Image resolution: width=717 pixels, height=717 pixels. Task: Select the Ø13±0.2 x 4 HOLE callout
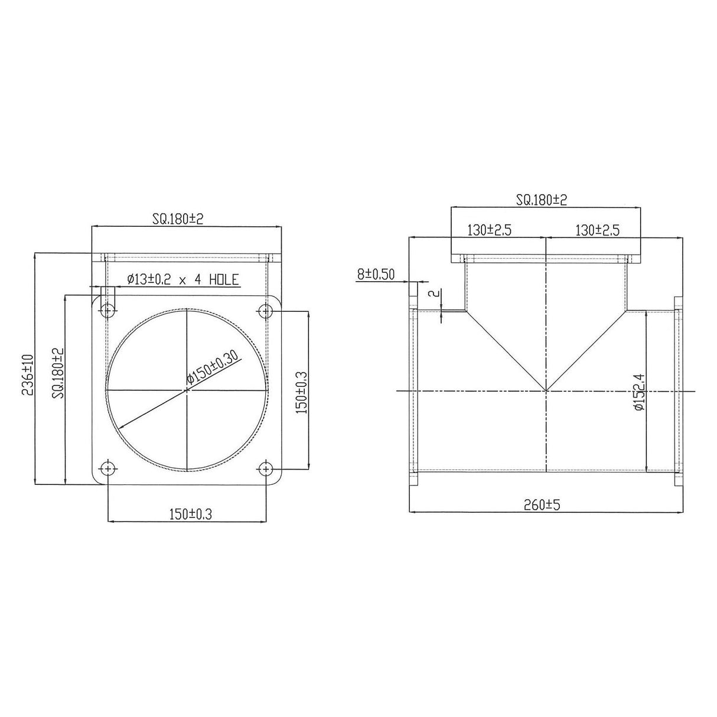click(182, 279)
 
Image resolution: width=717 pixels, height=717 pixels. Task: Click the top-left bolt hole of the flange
click(108, 310)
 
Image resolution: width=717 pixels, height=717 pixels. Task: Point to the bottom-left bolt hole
click(108, 469)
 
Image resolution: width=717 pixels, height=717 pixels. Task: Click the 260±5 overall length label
click(542, 505)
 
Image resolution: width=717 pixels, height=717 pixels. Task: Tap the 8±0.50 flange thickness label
click(376, 275)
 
